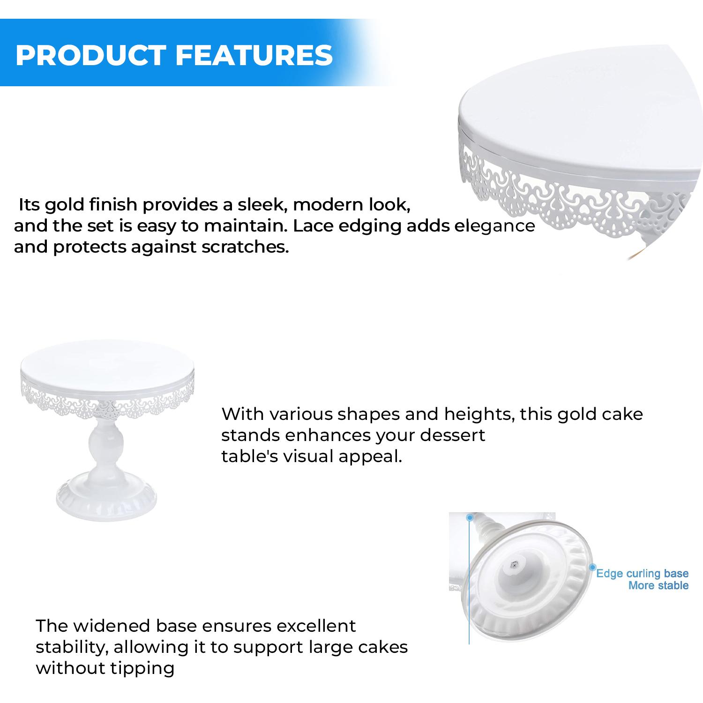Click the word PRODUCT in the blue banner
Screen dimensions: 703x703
tap(91, 55)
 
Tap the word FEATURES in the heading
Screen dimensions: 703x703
tap(254, 55)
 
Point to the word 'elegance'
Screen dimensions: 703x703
tap(495, 226)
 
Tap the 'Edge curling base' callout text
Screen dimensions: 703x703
tap(642, 574)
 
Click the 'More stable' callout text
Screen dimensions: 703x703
tap(658, 585)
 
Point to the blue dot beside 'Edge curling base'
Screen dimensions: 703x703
tap(592, 567)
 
